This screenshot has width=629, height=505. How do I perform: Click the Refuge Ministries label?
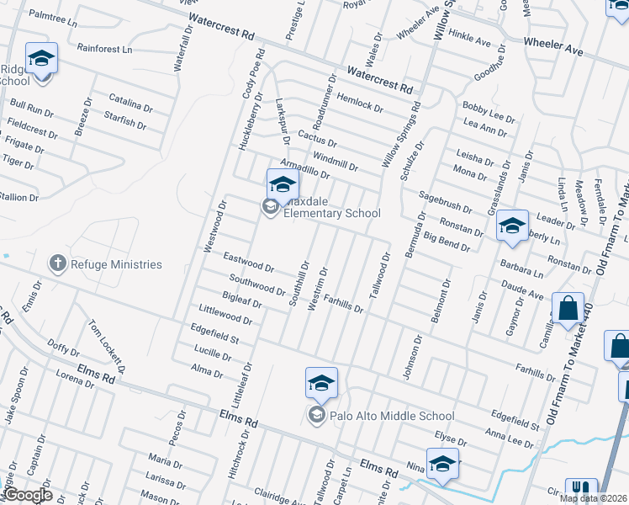pyautogui.click(x=116, y=264)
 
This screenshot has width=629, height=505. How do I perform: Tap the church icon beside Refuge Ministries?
pyautogui.click(x=58, y=264)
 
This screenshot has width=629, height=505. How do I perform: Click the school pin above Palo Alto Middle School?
pyautogui.click(x=321, y=384)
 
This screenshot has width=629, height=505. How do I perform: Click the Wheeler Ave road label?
pyautogui.click(x=552, y=45)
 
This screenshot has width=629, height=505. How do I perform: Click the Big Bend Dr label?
pyautogui.click(x=447, y=242)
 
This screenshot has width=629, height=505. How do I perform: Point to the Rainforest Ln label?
pyautogui.click(x=104, y=49)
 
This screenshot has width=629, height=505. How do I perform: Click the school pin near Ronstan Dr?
pyautogui.click(x=512, y=226)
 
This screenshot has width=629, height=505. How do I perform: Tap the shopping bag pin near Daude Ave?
pyautogui.click(x=568, y=310)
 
